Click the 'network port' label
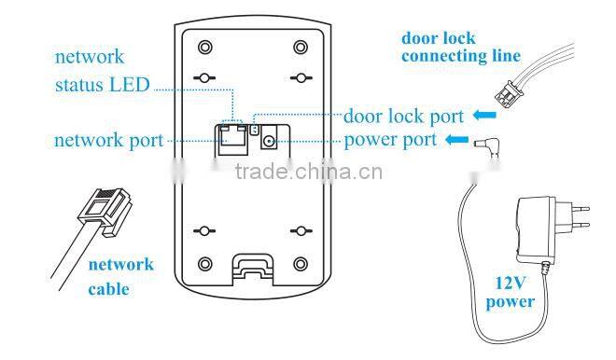(x=108, y=142)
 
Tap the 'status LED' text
(x=102, y=86)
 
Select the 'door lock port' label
(x=403, y=117)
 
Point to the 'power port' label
(x=390, y=142)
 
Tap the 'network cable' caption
(x=121, y=277)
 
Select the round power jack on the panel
(x=270, y=141)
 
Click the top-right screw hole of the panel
(x=300, y=47)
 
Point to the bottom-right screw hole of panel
(x=300, y=264)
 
